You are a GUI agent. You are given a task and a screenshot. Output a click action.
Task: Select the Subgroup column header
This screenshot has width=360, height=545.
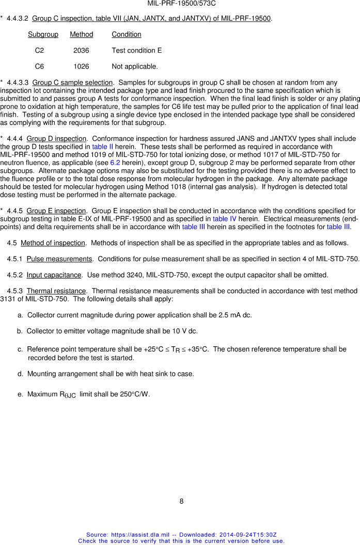[43, 35]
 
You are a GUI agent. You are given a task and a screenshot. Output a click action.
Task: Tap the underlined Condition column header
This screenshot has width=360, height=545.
[126, 35]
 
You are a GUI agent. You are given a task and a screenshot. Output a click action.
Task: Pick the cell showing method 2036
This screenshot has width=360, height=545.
[81, 51]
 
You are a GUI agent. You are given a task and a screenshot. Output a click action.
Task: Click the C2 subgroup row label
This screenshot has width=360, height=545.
[39, 51]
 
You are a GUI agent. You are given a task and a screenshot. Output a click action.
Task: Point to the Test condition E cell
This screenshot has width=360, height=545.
[136, 51]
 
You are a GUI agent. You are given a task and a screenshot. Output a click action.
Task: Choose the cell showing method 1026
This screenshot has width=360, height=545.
[81, 67]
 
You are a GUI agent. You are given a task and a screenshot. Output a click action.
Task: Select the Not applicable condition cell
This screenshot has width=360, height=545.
[134, 67]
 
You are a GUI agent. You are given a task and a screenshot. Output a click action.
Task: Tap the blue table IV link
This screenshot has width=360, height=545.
[224, 219]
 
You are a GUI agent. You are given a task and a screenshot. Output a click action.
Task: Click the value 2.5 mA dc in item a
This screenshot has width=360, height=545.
[233, 315]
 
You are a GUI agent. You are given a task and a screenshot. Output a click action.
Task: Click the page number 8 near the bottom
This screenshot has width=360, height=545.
[181, 501]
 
